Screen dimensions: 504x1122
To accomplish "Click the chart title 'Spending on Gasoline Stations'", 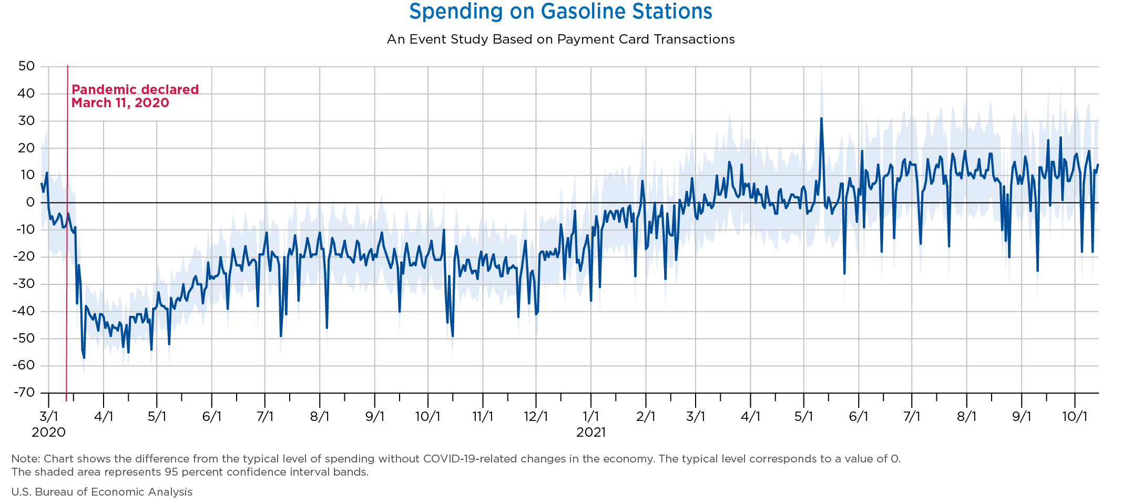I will (560, 12).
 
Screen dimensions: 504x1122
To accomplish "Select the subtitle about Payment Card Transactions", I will (560, 39).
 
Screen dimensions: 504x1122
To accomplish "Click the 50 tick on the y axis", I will (26, 66).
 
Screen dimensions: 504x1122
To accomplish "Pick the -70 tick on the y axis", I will (24, 393).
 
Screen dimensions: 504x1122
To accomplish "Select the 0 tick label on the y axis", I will (30, 202).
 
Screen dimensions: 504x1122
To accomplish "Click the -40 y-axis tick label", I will (24, 311).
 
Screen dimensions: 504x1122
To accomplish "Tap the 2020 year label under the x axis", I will (48, 433).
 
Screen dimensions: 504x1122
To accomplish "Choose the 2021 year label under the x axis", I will (591, 433).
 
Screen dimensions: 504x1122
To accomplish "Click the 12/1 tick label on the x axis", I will (536, 417).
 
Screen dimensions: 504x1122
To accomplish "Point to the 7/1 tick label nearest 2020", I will (265, 417).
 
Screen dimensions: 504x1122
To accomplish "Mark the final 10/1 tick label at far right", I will (1075, 417).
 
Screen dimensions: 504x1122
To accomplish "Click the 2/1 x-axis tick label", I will (646, 417).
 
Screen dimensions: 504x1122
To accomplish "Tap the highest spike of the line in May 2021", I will (821, 119).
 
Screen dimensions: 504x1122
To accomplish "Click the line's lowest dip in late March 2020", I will (84, 357).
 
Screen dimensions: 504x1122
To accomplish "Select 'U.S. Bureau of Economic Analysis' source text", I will (102, 492).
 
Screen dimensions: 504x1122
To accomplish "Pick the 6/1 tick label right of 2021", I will (859, 417).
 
